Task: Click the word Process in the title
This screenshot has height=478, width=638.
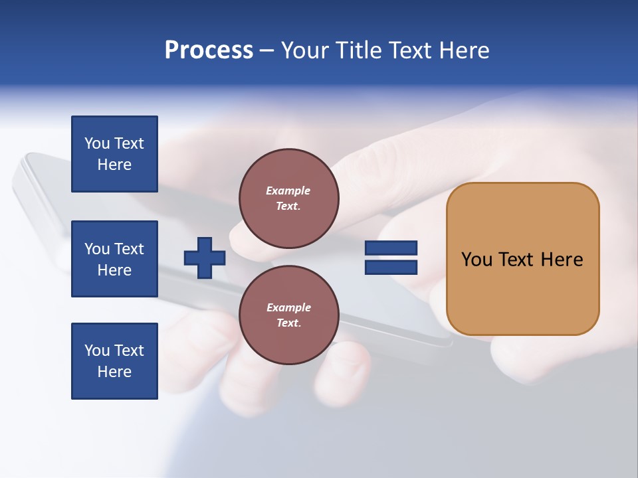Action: (209, 50)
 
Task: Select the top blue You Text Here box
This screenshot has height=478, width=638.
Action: (114, 154)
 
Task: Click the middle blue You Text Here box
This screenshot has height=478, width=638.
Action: (114, 259)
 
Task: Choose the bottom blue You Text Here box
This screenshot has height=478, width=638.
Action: (114, 361)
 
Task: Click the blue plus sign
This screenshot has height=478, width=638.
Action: (205, 258)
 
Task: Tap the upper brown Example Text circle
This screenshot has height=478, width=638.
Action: (289, 199)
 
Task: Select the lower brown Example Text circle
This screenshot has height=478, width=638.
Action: (289, 315)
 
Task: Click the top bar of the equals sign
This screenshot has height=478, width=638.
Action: (391, 248)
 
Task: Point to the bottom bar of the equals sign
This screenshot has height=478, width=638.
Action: (391, 267)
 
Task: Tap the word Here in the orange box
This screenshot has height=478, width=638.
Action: (562, 260)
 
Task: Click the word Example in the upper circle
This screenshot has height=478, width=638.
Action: (288, 191)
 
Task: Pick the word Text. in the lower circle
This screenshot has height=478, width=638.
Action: (288, 323)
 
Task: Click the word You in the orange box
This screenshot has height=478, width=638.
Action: (477, 260)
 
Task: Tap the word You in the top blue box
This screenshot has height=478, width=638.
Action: (97, 143)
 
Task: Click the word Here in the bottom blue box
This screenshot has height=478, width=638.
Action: (114, 372)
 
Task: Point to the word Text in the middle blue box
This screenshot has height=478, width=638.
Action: (129, 249)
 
